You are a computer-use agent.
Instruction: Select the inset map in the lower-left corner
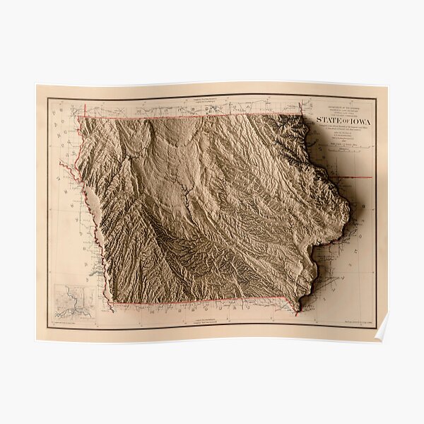(73, 302)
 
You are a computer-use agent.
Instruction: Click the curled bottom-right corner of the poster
(382, 330)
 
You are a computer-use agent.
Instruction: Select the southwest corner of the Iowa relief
(111, 305)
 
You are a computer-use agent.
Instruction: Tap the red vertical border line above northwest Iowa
(85, 110)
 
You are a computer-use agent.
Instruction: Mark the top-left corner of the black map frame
(48, 98)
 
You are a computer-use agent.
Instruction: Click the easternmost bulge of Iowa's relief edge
(350, 210)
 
